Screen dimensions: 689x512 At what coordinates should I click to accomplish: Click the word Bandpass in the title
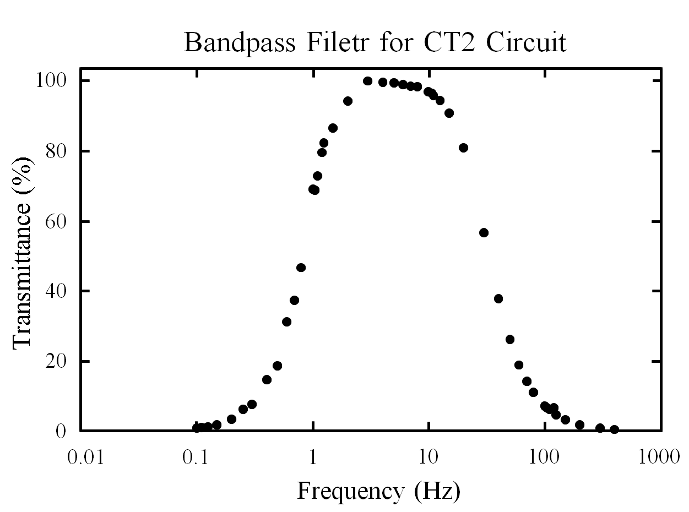(x=239, y=43)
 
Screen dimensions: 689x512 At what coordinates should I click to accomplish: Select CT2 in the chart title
(x=449, y=42)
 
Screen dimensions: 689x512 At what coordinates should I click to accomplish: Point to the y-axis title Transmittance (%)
(x=21, y=253)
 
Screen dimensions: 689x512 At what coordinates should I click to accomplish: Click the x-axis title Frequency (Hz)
(x=379, y=491)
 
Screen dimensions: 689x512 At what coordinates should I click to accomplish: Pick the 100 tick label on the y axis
(x=51, y=81)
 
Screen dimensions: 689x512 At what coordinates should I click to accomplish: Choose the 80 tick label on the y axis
(x=56, y=151)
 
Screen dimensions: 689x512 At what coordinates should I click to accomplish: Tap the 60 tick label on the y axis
(x=56, y=222)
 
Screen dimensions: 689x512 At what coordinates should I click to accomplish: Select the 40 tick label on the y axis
(x=56, y=291)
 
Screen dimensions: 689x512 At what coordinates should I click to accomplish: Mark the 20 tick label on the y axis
(x=56, y=361)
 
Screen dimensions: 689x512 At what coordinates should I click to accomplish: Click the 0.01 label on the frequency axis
(x=86, y=457)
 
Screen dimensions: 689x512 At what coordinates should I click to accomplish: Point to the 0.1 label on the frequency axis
(x=196, y=457)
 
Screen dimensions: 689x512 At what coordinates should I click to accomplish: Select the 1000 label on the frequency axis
(x=659, y=457)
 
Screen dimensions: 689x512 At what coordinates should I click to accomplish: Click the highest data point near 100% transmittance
(x=367, y=81)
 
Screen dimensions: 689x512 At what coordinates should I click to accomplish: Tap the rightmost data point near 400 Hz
(x=614, y=429)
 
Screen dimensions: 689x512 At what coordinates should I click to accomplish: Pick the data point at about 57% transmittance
(x=484, y=232)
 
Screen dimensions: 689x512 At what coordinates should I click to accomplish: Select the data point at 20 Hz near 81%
(x=463, y=148)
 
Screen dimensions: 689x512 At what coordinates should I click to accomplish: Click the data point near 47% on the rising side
(x=301, y=268)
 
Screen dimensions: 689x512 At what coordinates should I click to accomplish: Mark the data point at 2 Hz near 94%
(x=348, y=101)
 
